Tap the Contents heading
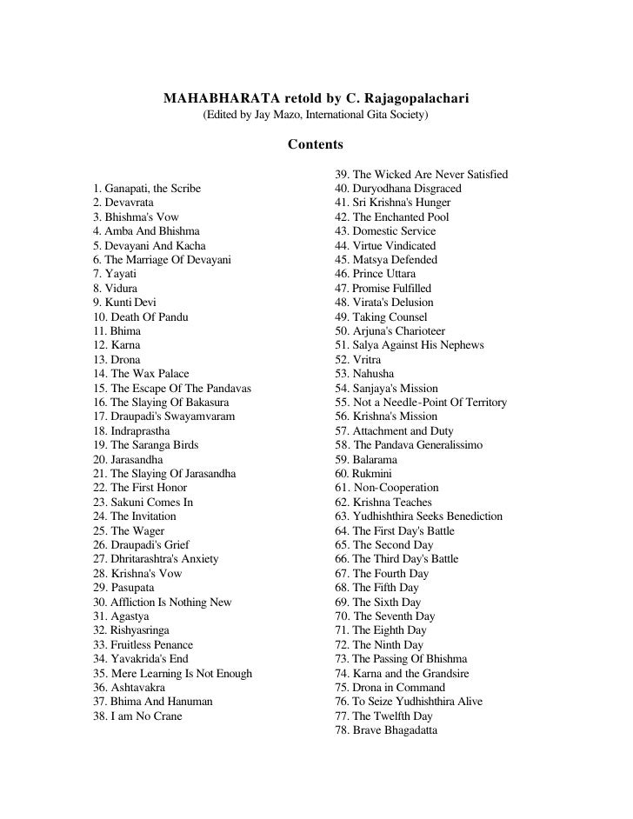pos(316,143)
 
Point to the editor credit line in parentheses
pos(316,116)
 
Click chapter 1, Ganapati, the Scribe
pos(146,189)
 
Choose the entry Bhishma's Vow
pos(136,217)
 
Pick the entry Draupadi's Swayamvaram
pos(163,416)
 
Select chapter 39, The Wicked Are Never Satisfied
pos(421,175)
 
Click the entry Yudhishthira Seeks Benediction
pos(418,516)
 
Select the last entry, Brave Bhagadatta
pos(386,730)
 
